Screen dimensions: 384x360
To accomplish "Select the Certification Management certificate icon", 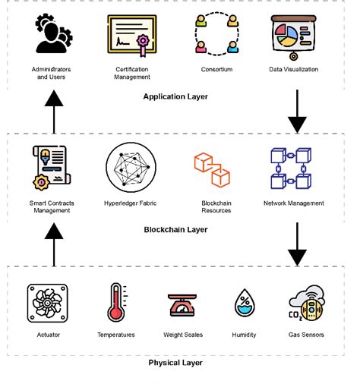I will tap(131, 36).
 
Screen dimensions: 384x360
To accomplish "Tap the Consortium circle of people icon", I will tap(216, 36).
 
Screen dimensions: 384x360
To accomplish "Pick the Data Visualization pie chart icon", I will tap(293, 36).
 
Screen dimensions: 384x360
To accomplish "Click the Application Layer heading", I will tap(175, 96).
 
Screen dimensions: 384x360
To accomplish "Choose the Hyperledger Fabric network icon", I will tap(131, 167).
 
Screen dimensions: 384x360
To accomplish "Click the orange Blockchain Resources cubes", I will tap(213, 168).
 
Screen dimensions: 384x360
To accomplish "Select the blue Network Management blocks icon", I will tap(293, 168).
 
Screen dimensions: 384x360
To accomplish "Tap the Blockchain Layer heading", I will tap(175, 229).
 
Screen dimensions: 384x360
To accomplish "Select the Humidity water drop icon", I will tap(244, 304).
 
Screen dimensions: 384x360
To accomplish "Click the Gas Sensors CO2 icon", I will tap(306, 304).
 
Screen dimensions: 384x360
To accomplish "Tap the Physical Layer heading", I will tap(175, 363).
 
